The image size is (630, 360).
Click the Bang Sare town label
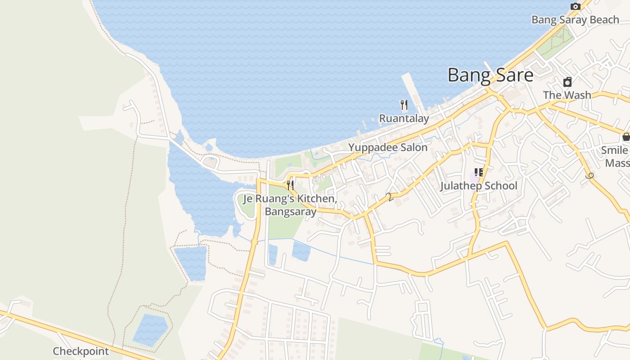click(490, 75)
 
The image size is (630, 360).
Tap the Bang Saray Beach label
click(575, 20)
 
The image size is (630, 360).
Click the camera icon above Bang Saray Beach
click(575, 6)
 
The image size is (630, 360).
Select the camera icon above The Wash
click(567, 82)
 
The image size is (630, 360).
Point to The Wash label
click(567, 95)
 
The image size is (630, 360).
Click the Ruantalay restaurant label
click(404, 118)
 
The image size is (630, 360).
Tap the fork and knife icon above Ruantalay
click(404, 105)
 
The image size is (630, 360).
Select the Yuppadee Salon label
click(387, 148)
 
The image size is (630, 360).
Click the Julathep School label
click(478, 186)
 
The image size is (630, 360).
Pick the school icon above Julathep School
click(478, 172)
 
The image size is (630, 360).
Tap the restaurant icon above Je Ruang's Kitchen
click(290, 185)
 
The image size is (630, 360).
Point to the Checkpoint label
click(81, 351)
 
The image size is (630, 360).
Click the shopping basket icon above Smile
click(625, 137)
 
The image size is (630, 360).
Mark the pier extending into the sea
click(412, 90)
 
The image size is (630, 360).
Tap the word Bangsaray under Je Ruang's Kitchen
click(290, 211)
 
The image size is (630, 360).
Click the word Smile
click(615, 150)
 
